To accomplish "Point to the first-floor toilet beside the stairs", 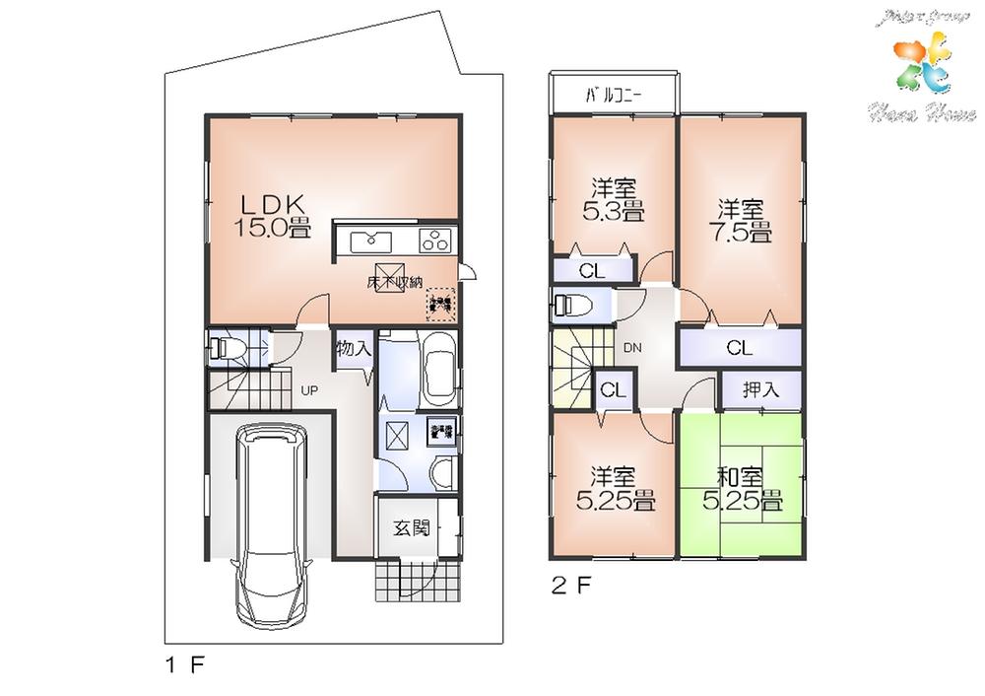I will click(229, 348).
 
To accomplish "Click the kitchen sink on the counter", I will click(370, 240).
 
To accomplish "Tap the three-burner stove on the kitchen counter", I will click(434, 240).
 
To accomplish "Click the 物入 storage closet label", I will click(354, 349).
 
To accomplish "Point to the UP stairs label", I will click(309, 390).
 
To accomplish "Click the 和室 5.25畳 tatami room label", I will click(742, 489).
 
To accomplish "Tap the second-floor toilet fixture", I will click(572, 308).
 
